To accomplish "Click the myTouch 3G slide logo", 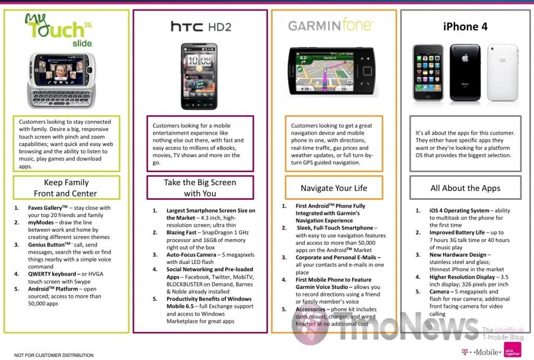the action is tap(58, 30).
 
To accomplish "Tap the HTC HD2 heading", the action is tap(201, 26).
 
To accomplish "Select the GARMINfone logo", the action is tap(331, 25).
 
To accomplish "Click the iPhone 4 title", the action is tap(465, 26).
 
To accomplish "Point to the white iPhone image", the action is tap(503, 73).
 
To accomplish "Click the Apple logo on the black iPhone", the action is tap(465, 58).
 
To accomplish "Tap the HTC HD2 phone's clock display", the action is tap(199, 61).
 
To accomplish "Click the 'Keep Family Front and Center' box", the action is tap(66, 188).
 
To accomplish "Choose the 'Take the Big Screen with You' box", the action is tap(200, 188).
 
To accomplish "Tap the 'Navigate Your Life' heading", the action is tap(334, 188).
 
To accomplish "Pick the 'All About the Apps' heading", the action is tap(465, 188).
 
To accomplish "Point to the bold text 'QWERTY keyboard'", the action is tap(52, 274).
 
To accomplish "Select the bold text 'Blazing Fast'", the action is tap(181, 233).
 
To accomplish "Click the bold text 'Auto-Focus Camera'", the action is tap(191, 255).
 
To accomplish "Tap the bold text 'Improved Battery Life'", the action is tap(457, 233).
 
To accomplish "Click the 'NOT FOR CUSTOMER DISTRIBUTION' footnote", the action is tap(54, 355).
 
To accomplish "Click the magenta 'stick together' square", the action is tap(512, 350).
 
